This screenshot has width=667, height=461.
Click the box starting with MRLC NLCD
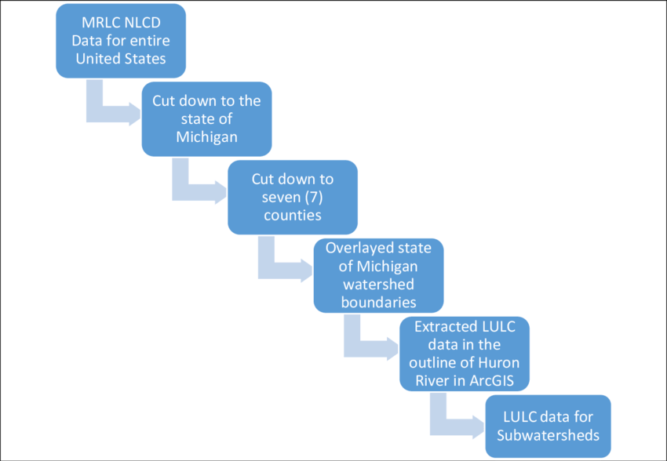121,38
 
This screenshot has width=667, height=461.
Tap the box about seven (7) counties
292,195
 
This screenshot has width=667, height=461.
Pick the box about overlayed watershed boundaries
378,274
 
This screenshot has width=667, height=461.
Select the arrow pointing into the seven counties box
192,188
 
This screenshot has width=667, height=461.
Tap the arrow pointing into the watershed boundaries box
279,267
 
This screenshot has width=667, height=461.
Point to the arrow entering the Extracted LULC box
365,344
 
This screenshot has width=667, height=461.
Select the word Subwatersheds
548,434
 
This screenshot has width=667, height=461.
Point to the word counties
292,212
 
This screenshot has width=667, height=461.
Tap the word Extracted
444,327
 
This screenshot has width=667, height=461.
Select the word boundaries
378,301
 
